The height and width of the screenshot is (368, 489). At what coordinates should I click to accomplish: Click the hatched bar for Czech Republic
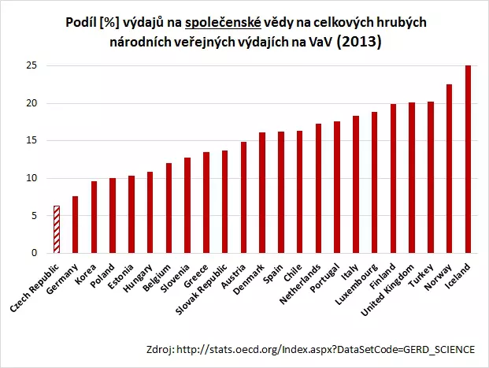pyautogui.click(x=56, y=229)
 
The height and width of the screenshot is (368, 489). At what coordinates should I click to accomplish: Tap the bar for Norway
pyautogui.click(x=450, y=169)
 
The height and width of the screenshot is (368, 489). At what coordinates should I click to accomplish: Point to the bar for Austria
pyautogui.click(x=243, y=198)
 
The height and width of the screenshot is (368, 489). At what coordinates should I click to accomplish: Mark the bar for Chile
pyautogui.click(x=299, y=191)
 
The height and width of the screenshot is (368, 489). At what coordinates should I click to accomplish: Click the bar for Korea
pyautogui.click(x=94, y=217)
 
